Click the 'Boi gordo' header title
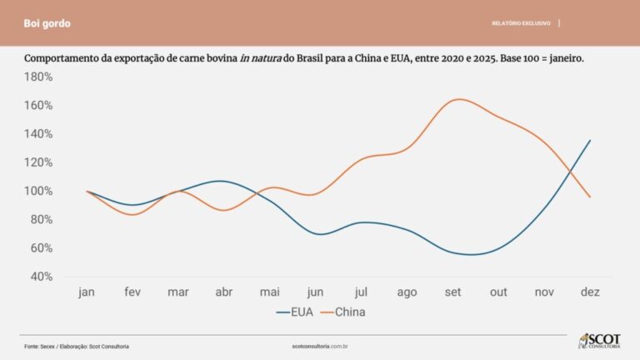pos(47,23)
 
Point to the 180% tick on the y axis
pos(38,77)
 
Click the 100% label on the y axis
pos(38,191)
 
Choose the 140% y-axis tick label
pos(38,134)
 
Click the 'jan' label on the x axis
pos(87,292)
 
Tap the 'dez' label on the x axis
pos(590,292)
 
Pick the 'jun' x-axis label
pos(316,292)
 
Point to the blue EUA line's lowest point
pos(472,254)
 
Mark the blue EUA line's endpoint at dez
pos(590,140)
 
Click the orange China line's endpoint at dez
pos(590,197)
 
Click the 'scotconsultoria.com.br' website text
pos(320,346)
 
